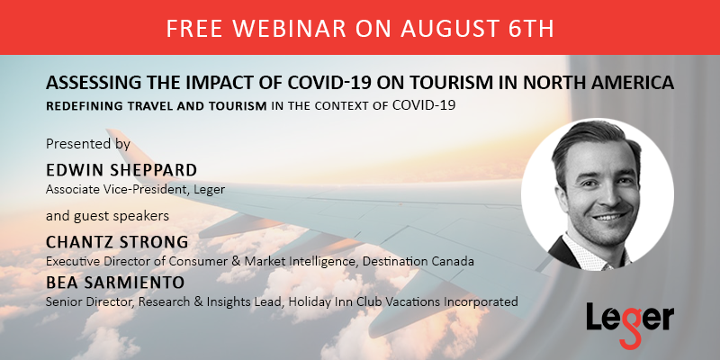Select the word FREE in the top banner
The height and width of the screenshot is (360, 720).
click(x=196, y=29)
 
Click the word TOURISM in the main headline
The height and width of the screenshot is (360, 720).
click(x=463, y=83)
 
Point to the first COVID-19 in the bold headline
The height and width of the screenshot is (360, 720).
click(x=328, y=83)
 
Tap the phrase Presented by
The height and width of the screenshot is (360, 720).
click(x=88, y=144)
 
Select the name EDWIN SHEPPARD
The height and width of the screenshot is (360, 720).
click(x=121, y=170)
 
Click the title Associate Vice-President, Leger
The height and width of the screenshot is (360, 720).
click(x=136, y=189)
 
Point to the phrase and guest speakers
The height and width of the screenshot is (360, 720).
click(x=107, y=216)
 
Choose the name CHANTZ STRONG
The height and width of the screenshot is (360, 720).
click(x=117, y=242)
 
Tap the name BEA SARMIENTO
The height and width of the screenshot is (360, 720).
click(x=115, y=283)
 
